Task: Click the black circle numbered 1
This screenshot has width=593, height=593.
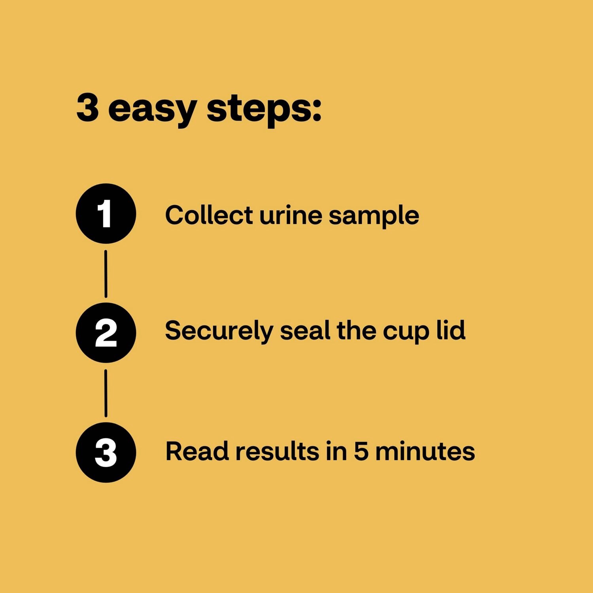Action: coord(106,213)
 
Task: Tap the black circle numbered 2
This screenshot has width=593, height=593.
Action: coord(106,333)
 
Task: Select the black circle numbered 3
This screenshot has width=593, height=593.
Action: coord(106,452)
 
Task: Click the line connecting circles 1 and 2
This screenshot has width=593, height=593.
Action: coord(106,274)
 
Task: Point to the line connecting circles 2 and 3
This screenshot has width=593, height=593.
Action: coord(106,393)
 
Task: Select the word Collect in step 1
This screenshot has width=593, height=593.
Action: coord(209,215)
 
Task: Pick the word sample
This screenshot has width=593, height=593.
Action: coord(374,217)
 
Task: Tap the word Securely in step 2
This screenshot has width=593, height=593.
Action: coord(219,331)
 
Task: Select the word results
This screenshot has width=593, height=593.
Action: coord(277,451)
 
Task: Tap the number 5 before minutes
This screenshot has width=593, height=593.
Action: coord(361,451)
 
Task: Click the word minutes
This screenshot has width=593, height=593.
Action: coord(425,451)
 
